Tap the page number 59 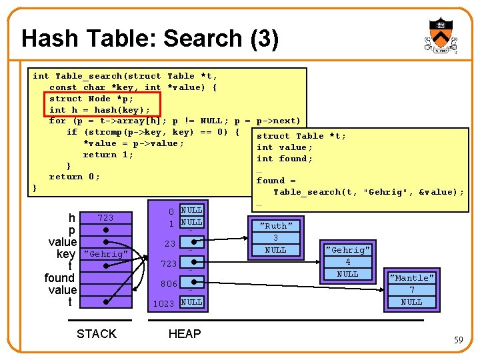458,340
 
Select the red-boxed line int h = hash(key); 99,110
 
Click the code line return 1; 108,155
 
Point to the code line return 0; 75,177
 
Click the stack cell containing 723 105,218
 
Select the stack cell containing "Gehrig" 105,254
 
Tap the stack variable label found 59,278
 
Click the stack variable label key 66,254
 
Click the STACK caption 97,334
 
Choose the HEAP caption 185,334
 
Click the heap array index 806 168,284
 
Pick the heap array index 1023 163,304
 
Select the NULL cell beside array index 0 191,211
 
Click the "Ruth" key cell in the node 275,226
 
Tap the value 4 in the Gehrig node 347,262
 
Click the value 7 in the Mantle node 411,290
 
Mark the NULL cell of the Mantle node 411,302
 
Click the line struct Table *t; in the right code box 301,136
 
